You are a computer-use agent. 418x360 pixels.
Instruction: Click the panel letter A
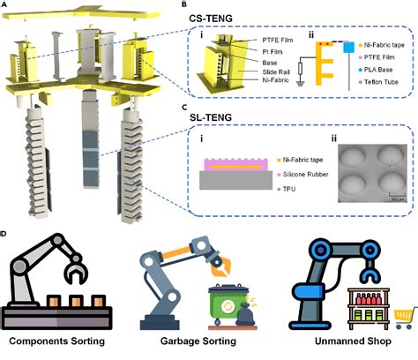6,5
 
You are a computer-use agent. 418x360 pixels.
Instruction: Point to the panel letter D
6,235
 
